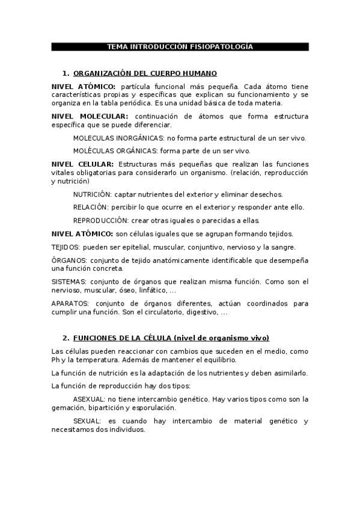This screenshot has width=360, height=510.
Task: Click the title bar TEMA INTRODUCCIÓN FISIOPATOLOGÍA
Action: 180,46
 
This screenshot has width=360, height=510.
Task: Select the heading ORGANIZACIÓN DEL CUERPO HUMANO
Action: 145,73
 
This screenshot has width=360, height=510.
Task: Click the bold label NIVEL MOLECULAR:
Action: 90,116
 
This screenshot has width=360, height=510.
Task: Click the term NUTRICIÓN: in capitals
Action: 92,195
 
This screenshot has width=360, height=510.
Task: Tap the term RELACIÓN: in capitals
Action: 90,207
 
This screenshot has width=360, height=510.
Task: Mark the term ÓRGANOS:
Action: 69,260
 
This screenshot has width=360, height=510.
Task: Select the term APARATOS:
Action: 70,304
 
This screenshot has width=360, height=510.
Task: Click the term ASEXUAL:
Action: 88,399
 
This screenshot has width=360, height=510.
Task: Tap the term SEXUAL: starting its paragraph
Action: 86,422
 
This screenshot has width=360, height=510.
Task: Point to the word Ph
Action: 56,360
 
